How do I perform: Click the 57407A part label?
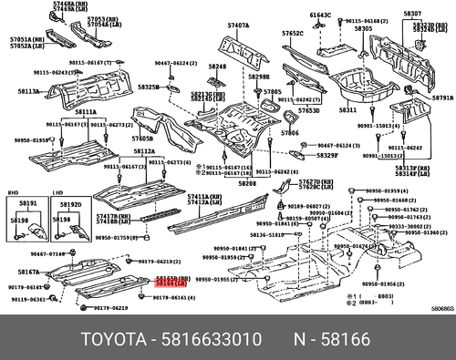coord(238,25)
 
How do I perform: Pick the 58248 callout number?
coord(216,67)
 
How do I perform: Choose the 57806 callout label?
coord(290,132)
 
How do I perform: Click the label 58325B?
coord(149,87)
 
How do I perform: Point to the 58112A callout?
coord(144,151)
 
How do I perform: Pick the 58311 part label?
coord(347,109)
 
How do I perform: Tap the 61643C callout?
coord(320,15)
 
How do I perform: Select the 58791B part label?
coord(442,97)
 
